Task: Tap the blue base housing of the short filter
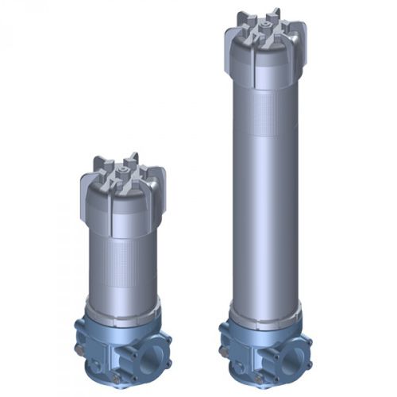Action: pos(119,345)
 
